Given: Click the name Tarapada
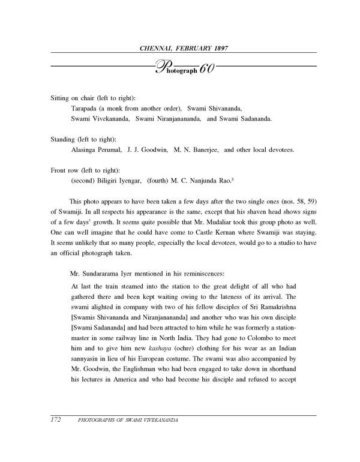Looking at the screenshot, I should click(88, 109).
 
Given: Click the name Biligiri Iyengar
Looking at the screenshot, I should click(122, 180).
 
